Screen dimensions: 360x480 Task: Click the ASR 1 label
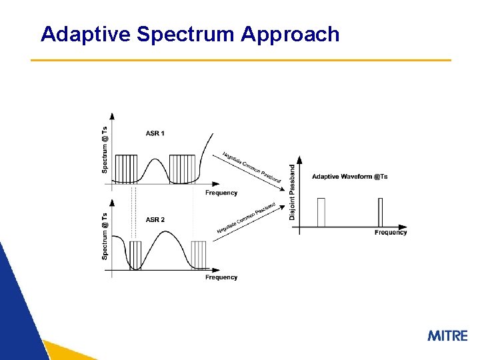click(x=155, y=133)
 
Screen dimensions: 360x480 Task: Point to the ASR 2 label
click(x=155, y=219)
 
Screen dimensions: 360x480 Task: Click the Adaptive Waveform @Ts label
click(x=349, y=177)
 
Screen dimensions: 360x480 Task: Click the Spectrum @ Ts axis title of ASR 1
click(x=105, y=150)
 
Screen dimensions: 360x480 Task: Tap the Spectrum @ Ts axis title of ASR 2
click(x=105, y=236)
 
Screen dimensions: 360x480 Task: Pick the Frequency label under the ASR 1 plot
click(x=221, y=193)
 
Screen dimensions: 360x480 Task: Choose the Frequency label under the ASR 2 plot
click(x=221, y=277)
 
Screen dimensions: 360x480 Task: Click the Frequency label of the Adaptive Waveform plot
click(x=391, y=233)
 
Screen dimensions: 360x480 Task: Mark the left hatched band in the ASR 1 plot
click(x=126, y=169)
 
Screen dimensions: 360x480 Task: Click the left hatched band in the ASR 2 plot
click(x=135, y=255)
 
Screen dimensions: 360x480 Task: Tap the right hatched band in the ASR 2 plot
click(x=199, y=255)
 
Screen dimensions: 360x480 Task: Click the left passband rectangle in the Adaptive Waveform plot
click(x=321, y=212)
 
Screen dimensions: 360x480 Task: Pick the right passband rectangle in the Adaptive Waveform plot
click(x=381, y=212)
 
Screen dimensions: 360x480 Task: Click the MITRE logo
click(x=447, y=335)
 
